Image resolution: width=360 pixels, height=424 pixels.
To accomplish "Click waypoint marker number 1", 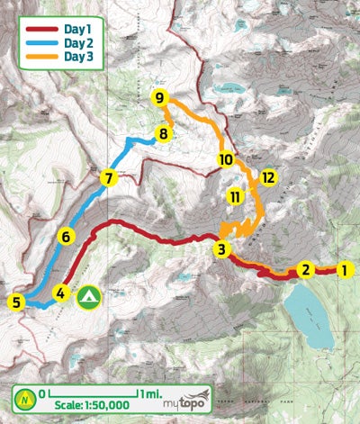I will pos(343,268).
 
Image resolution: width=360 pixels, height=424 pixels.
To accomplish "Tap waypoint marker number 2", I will pos(306,268).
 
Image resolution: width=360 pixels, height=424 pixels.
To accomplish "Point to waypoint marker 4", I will pos(60,293).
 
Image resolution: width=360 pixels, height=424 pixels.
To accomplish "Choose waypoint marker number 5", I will pos(16,302).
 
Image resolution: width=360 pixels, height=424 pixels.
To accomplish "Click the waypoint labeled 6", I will pos(65,238).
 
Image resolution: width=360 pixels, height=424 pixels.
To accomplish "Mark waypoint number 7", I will pos(108,178).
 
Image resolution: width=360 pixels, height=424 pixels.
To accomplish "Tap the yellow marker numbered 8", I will pos(162,135).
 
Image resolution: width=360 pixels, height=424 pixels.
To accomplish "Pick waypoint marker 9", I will pos(159,97).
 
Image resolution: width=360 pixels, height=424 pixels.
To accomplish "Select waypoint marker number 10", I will pos(226,160).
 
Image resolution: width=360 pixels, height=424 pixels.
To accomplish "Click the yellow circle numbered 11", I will pos(236,196).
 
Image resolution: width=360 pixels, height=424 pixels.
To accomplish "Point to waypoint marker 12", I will pos(267,176).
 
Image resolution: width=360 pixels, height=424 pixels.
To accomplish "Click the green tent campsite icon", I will pos(88,296).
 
